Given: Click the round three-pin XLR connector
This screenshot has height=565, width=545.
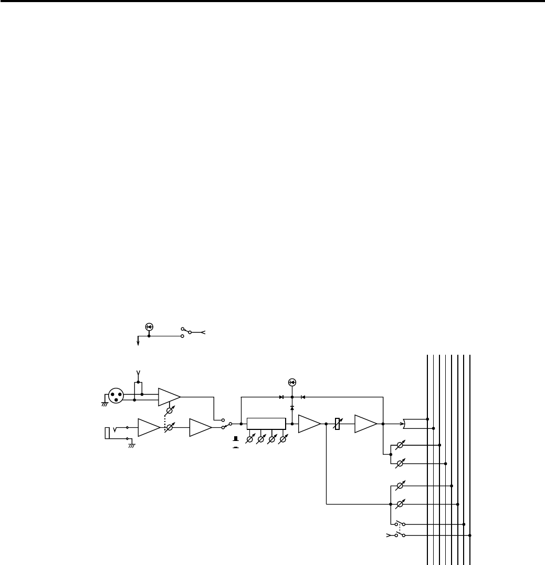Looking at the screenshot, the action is tap(116, 395).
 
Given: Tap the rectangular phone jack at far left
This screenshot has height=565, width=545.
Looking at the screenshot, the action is tap(108, 433).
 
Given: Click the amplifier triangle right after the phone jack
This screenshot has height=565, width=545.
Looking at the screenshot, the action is tap(149, 428).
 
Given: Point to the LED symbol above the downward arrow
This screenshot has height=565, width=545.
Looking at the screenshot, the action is tap(149, 327).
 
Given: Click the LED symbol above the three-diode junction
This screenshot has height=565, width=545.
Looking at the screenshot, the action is tap(292, 382).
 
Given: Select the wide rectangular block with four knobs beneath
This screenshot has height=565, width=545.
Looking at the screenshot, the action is tap(266, 424).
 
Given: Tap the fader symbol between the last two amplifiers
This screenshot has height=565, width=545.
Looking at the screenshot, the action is tap(338, 424).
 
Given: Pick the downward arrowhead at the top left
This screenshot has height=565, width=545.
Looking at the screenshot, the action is tap(138, 343).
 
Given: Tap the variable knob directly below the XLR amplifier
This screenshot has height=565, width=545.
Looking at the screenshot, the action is tap(169, 412).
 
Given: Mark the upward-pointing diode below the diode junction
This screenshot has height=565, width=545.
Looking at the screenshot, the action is tap(292, 408).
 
